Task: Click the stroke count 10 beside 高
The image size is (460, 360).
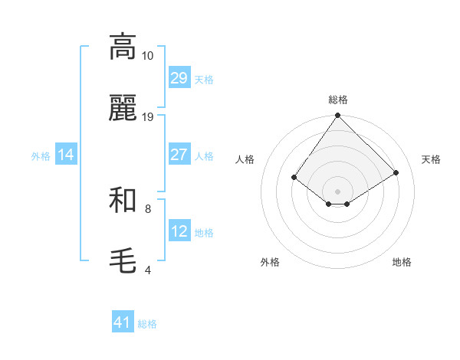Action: (x=148, y=56)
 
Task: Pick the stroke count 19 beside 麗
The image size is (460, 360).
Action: (x=148, y=117)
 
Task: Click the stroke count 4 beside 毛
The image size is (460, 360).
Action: (x=148, y=270)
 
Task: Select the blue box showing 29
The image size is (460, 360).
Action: (x=179, y=78)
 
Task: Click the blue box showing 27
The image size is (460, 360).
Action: (x=179, y=155)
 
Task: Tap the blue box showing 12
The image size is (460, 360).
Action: (x=179, y=231)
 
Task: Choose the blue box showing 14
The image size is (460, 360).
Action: (x=66, y=155)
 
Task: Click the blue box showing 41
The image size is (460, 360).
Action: (x=123, y=322)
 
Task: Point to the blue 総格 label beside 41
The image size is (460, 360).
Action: (x=147, y=324)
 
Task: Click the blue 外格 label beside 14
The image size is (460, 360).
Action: (x=41, y=155)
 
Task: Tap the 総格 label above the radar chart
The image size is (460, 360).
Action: (x=338, y=100)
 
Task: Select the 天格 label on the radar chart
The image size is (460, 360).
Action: (x=431, y=159)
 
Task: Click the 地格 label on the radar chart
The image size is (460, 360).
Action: (x=402, y=262)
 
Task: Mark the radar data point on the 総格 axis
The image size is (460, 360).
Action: (x=338, y=116)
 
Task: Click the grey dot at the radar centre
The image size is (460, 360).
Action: (x=338, y=191)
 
